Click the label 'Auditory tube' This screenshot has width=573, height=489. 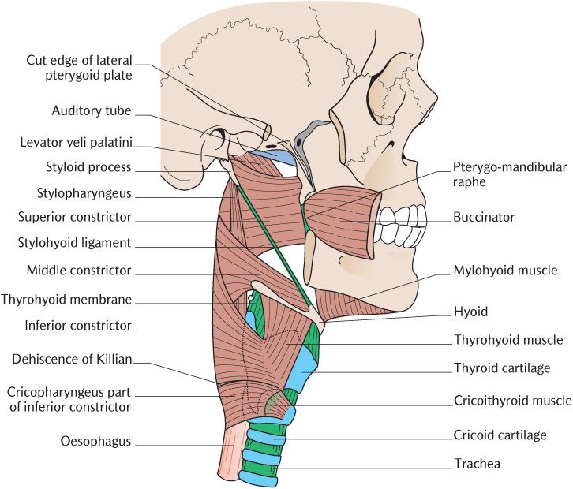[x=92, y=111]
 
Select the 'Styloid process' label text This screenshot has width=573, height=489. [x=88, y=167]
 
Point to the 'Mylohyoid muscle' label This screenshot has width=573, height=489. [x=505, y=271]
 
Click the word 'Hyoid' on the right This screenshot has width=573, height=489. [x=470, y=312]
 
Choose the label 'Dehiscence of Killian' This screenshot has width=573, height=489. [x=72, y=360]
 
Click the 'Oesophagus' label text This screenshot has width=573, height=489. [x=95, y=442]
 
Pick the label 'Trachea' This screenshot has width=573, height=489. [x=477, y=464]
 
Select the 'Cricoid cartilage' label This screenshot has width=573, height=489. [x=500, y=435]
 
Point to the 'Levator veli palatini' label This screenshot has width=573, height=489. [x=77, y=143]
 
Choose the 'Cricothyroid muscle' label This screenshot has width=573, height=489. [x=512, y=401]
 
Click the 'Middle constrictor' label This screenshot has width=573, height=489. [x=78, y=271]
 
